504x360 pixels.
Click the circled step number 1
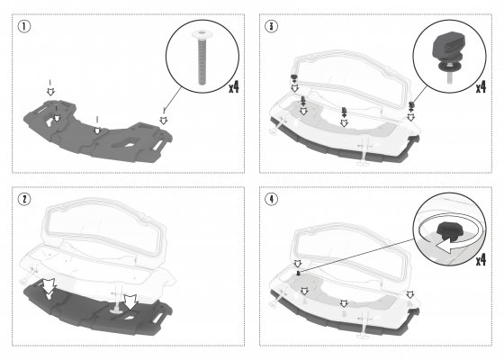[x=24, y=26]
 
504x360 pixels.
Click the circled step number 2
[x=24, y=199]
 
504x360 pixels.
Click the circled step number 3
[x=271, y=26]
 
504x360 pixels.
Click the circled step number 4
[x=271, y=199]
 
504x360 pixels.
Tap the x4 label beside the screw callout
[x=234, y=86]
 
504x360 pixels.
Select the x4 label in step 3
[x=481, y=86]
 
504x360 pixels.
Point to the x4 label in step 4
[x=481, y=260]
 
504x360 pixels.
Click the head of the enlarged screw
[x=202, y=34]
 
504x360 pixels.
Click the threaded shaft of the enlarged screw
[x=202, y=61]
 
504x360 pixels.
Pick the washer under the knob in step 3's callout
[x=449, y=66]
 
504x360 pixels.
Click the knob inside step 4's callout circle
[x=449, y=230]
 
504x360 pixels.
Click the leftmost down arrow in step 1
[x=50, y=91]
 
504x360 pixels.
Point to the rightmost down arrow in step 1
[x=164, y=121]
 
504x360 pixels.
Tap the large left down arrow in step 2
[x=49, y=286]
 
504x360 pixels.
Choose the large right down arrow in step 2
[x=130, y=302]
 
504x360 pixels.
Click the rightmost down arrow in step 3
[x=410, y=117]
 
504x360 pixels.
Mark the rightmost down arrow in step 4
[x=410, y=294]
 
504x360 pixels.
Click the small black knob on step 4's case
[x=298, y=274]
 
